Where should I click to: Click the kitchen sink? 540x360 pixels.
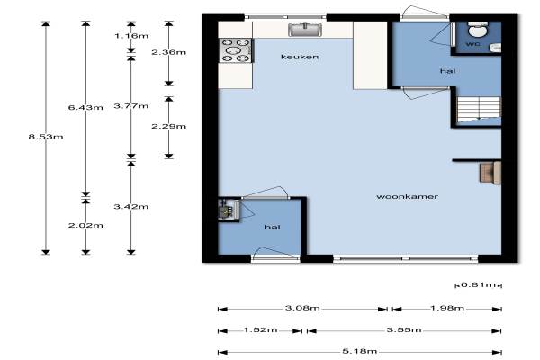[305, 30]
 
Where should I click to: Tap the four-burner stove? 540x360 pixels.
[236, 50]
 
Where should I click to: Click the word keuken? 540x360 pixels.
[300, 57]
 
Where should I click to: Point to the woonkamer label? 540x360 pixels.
[407, 197]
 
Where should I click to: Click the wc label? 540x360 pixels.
[473, 44]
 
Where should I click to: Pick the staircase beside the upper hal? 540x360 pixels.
[479, 109]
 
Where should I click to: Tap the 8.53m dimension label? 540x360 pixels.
[46, 137]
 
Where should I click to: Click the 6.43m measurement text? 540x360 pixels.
[85, 107]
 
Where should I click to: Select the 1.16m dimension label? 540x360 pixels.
[131, 35]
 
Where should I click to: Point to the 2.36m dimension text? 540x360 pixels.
[169, 52]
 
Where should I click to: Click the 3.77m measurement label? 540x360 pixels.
[131, 106]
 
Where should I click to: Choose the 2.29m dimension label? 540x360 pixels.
[169, 126]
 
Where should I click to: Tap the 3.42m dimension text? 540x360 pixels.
[131, 207]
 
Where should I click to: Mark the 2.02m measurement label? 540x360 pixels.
[85, 226]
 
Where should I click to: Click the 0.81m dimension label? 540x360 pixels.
[479, 285]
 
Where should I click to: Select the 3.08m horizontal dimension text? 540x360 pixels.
[302, 308]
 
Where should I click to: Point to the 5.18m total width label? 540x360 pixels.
[359, 351]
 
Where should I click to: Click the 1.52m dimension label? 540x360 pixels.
[260, 330]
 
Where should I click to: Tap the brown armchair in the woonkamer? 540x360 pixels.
[490, 173]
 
